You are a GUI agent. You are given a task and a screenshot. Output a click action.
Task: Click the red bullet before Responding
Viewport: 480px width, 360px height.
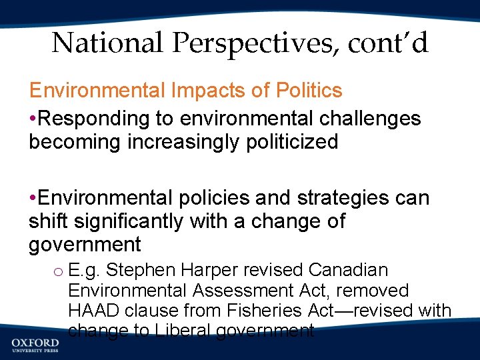coord(33,119)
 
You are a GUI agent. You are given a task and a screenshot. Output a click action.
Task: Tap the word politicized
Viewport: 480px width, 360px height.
coord(287,142)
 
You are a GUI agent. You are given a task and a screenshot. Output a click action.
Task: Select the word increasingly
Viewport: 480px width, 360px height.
coord(172,142)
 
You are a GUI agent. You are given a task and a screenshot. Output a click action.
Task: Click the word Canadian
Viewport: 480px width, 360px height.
coord(348,271)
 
